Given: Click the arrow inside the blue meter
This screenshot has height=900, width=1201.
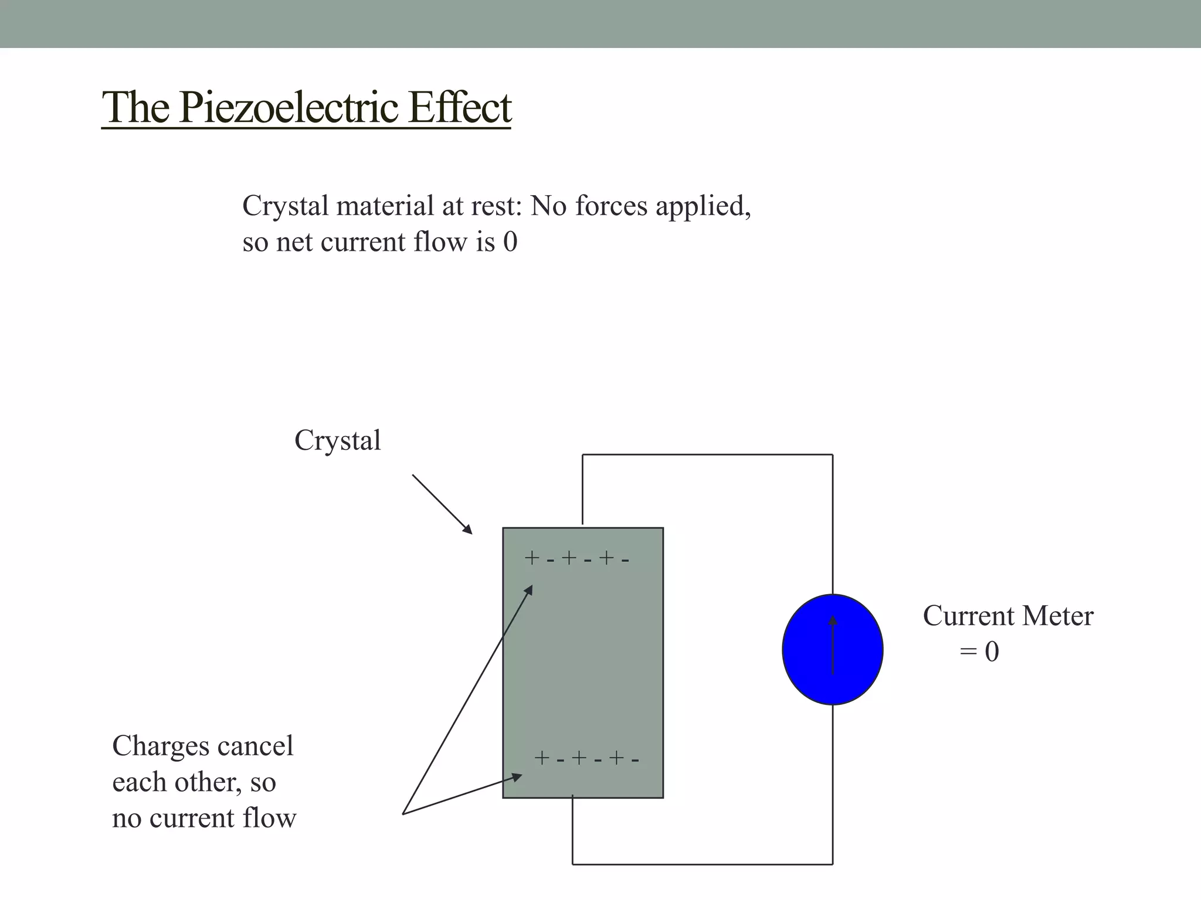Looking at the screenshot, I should [x=833, y=645].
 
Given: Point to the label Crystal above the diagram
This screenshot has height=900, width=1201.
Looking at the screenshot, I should [x=337, y=441].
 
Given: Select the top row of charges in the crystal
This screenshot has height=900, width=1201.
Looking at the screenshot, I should [x=577, y=558].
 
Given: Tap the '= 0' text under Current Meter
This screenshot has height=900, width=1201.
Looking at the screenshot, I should [x=979, y=652].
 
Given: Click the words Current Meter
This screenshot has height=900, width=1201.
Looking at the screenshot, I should [x=1008, y=616].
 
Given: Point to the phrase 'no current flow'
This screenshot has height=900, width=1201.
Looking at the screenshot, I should [x=204, y=819].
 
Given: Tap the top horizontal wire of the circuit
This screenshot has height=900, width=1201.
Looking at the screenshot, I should [x=707, y=455].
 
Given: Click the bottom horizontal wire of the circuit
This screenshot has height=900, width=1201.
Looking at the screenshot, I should [x=703, y=864].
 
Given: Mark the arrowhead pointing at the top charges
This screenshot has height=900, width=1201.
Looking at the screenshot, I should [x=529, y=589].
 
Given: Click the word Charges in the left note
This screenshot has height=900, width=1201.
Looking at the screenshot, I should [x=161, y=746].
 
